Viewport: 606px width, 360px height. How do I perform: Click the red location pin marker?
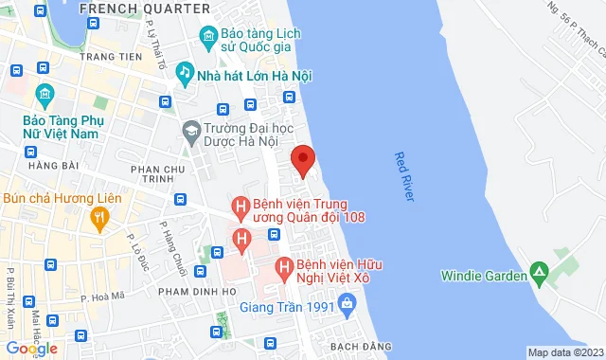point(302,160)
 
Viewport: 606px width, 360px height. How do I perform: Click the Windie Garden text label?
point(483,277)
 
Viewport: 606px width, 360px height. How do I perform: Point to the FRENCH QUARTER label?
point(144,8)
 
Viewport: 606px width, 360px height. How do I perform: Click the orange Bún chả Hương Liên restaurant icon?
point(98,218)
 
